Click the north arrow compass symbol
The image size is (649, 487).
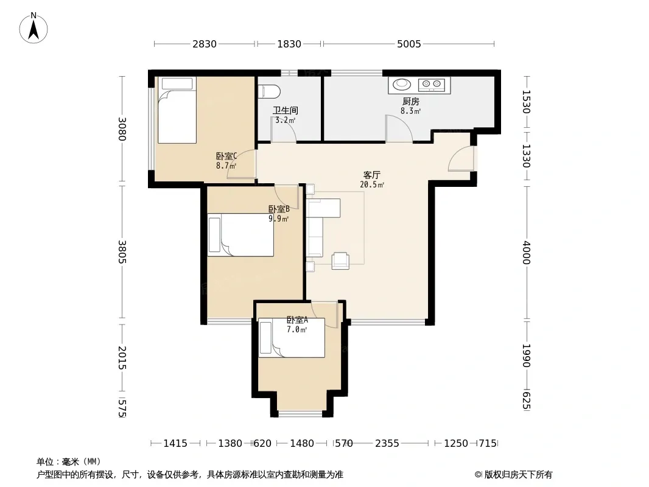(33, 28)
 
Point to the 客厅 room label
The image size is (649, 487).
(371, 175)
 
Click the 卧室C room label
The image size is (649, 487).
(226, 156)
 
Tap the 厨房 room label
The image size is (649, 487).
(410, 102)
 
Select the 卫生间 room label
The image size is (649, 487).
(285, 110)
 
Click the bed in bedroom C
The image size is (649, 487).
(177, 110)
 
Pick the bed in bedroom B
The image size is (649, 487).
(240, 234)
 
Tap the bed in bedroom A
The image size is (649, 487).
(292, 337)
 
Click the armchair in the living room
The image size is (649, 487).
(340, 261)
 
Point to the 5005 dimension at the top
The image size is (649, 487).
(409, 44)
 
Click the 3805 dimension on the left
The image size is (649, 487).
(122, 251)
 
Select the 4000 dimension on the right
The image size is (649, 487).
(526, 253)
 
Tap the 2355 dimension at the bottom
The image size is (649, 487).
(387, 444)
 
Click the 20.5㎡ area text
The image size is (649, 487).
(372, 185)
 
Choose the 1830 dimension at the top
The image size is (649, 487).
(289, 44)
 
